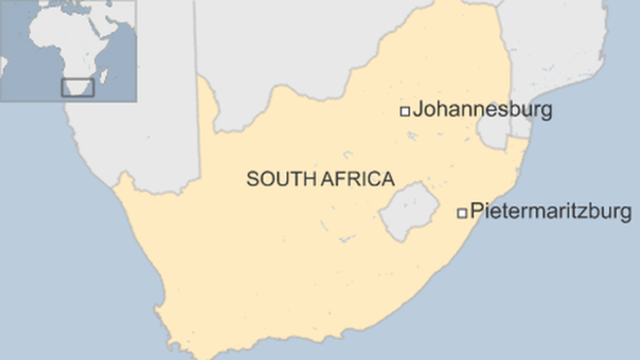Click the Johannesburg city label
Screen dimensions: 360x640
[x=482, y=110]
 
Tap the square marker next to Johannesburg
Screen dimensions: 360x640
[x=405, y=112]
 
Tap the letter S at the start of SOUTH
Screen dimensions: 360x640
[x=252, y=179]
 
